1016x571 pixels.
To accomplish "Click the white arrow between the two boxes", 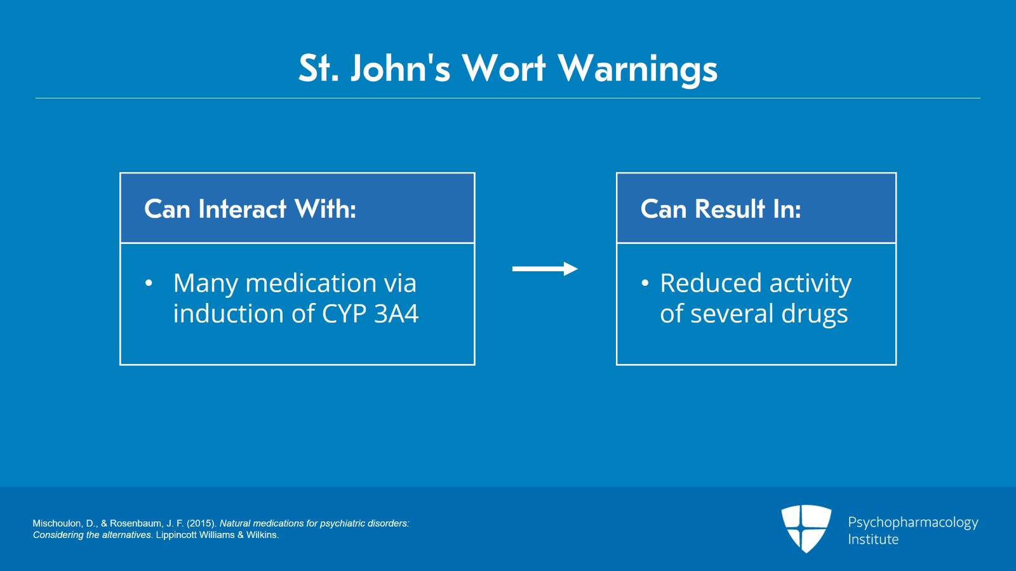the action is coord(545,269).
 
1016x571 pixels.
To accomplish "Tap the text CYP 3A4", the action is coord(370,313).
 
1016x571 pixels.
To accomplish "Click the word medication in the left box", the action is coord(311,283).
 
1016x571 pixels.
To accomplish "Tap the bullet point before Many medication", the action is coord(149,283).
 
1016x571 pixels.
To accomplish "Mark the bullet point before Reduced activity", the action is coord(645,283).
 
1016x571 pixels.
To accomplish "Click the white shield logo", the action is coord(806,528).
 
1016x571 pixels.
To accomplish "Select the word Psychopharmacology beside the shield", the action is coord(913,523).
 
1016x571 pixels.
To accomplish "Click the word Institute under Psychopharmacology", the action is coord(873,539).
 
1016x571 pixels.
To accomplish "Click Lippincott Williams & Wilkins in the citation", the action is coord(217,535).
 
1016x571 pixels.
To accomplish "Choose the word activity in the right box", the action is coord(810,284).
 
